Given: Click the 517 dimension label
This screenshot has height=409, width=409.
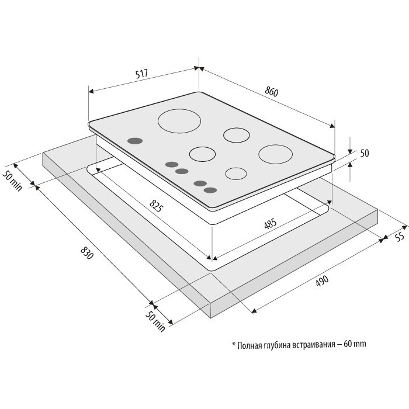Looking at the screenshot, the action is [141, 74].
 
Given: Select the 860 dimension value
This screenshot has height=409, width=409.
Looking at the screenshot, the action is [272, 92].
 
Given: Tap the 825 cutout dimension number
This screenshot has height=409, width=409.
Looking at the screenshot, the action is [157, 205].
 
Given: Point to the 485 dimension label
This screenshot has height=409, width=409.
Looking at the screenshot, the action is [270, 224].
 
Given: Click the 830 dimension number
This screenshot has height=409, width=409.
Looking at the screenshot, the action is [87, 253].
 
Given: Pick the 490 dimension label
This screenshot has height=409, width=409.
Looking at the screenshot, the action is [322, 281].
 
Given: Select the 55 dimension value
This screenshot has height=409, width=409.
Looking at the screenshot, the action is [400, 237].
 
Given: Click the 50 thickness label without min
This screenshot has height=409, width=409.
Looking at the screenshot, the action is [365, 153].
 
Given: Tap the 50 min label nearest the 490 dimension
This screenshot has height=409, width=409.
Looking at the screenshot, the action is [155, 321].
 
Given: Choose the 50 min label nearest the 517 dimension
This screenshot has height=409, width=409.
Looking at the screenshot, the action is [12, 180].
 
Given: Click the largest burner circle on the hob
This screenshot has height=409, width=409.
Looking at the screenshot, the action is [179, 121].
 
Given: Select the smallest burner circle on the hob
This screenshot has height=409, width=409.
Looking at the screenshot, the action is [236, 174].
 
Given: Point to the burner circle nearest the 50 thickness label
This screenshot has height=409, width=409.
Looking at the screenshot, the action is [275, 154].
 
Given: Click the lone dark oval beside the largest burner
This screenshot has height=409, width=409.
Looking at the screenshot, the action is [135, 141].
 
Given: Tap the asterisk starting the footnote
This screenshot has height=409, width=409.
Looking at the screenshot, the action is [234, 344].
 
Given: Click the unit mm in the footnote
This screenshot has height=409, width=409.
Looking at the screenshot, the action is [361, 345].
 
